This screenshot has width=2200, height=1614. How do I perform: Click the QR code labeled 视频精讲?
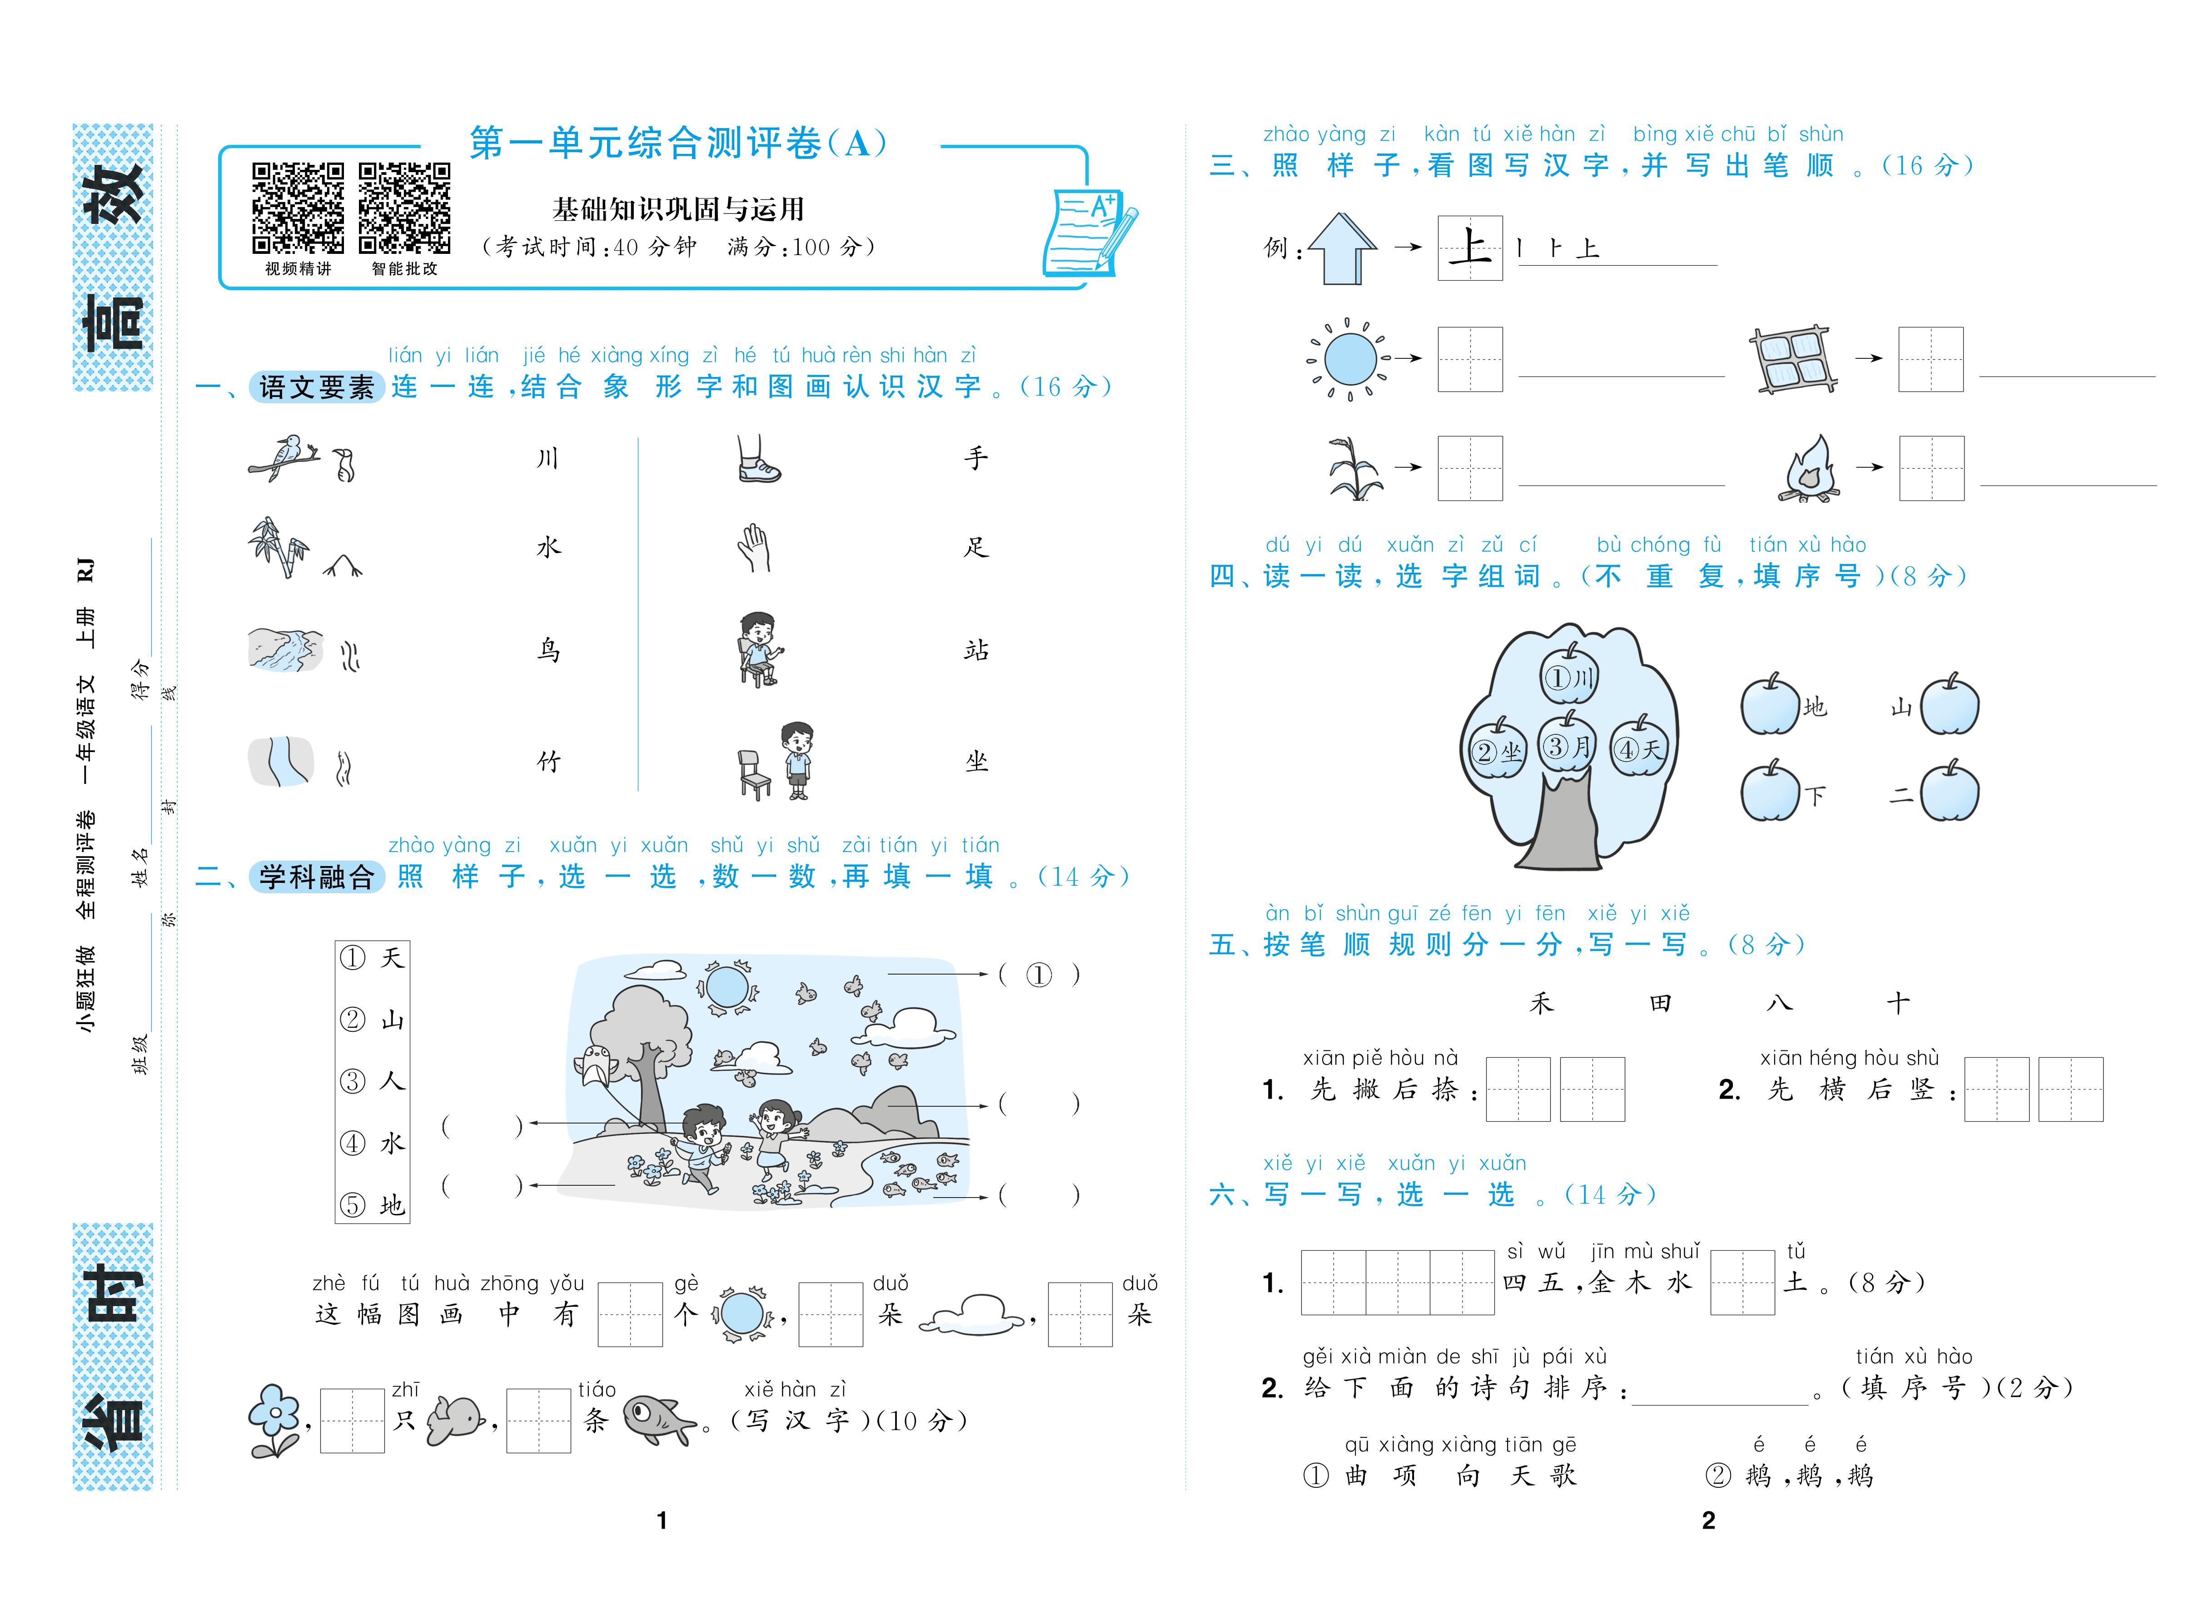click(x=298, y=208)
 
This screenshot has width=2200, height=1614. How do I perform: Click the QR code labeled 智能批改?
click(x=405, y=208)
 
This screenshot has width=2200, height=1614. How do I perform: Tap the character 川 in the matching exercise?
click(x=548, y=458)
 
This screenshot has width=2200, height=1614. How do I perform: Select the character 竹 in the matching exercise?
click(x=548, y=762)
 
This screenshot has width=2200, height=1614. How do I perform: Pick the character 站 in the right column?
click(x=976, y=650)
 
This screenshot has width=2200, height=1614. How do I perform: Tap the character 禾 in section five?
click(x=1541, y=1003)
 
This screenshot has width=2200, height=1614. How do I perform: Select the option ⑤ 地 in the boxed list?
click(x=373, y=1205)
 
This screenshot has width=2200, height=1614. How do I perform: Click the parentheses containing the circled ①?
click(x=1039, y=974)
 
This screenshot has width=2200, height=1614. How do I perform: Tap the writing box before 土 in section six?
click(x=1742, y=1283)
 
